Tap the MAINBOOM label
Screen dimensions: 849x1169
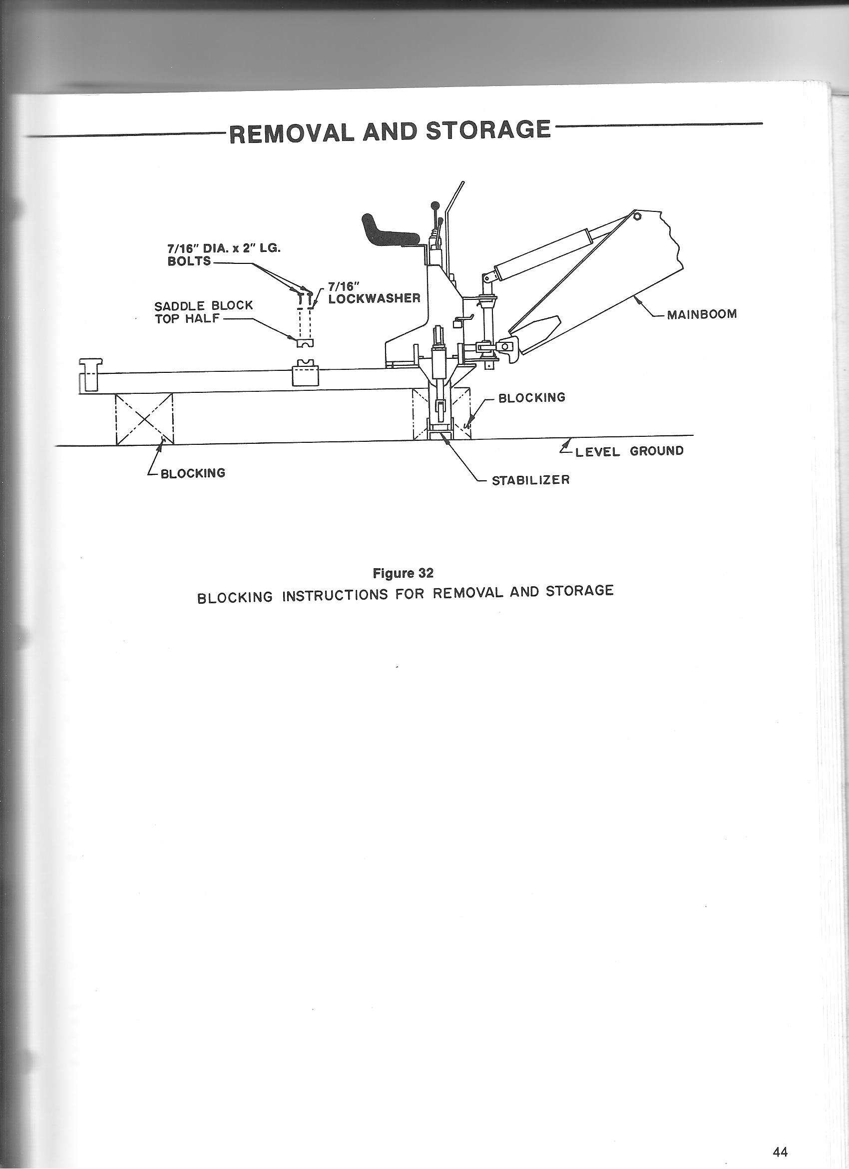pyautogui.click(x=702, y=314)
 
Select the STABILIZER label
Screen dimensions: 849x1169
pyautogui.click(x=530, y=480)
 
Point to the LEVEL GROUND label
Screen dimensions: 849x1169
pyautogui.click(x=629, y=451)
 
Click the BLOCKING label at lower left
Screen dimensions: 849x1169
pyautogui.click(x=193, y=473)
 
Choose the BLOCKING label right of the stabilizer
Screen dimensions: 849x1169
pyautogui.click(x=532, y=397)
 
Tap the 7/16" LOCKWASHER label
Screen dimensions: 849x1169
pyautogui.click(x=375, y=292)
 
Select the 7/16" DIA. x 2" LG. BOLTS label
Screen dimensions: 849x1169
pyautogui.click(x=224, y=254)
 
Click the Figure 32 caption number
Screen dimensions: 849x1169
pyautogui.click(x=403, y=573)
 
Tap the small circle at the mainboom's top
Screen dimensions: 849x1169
pyautogui.click(x=637, y=216)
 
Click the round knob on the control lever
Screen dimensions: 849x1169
pyautogui.click(x=435, y=204)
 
